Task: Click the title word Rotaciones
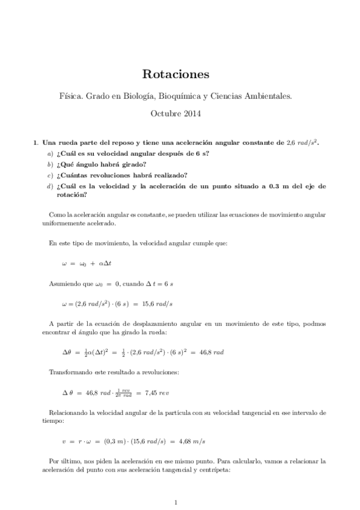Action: click(175, 75)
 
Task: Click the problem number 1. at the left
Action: click(35, 143)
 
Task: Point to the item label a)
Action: click(50, 154)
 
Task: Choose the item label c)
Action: click(50, 176)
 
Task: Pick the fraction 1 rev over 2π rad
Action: click(123, 393)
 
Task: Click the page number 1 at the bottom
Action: click(175, 502)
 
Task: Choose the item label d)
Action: click(50, 186)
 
